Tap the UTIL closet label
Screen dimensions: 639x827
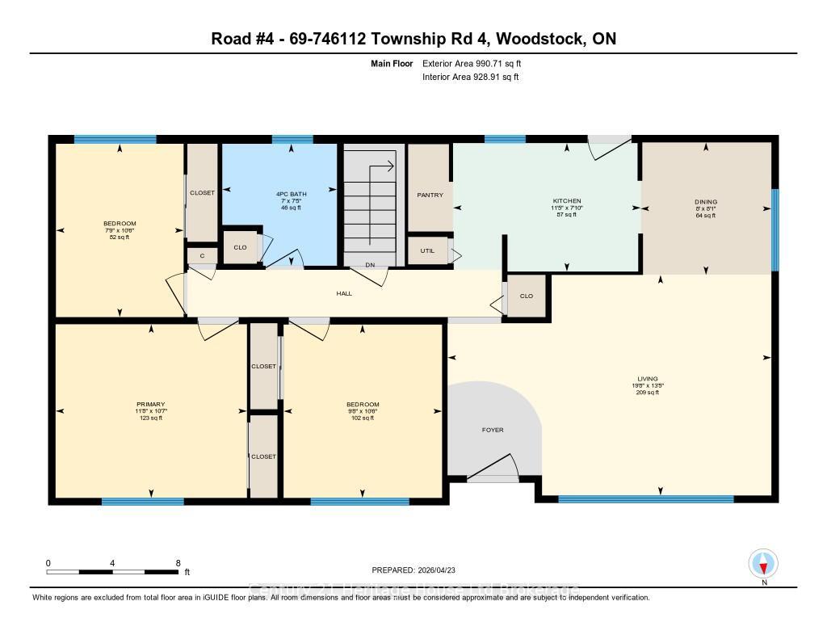coord(427,250)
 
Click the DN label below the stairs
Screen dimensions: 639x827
coord(370,264)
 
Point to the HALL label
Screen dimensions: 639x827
coord(344,293)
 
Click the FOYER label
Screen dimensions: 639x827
coord(493,430)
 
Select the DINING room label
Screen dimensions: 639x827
coord(705,202)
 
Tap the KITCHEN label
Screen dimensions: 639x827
coord(566,201)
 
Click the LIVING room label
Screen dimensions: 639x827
coord(647,378)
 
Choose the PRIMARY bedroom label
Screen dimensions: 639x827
coord(150,404)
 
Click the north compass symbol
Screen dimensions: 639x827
coord(763,563)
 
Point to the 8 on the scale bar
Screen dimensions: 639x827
coord(178,563)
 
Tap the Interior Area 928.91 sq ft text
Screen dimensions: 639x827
coord(470,77)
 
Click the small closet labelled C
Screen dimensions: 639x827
coord(203,256)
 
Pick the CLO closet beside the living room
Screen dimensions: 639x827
coord(527,296)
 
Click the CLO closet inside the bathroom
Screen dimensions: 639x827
coord(240,247)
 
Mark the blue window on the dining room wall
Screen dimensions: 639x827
coord(775,229)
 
